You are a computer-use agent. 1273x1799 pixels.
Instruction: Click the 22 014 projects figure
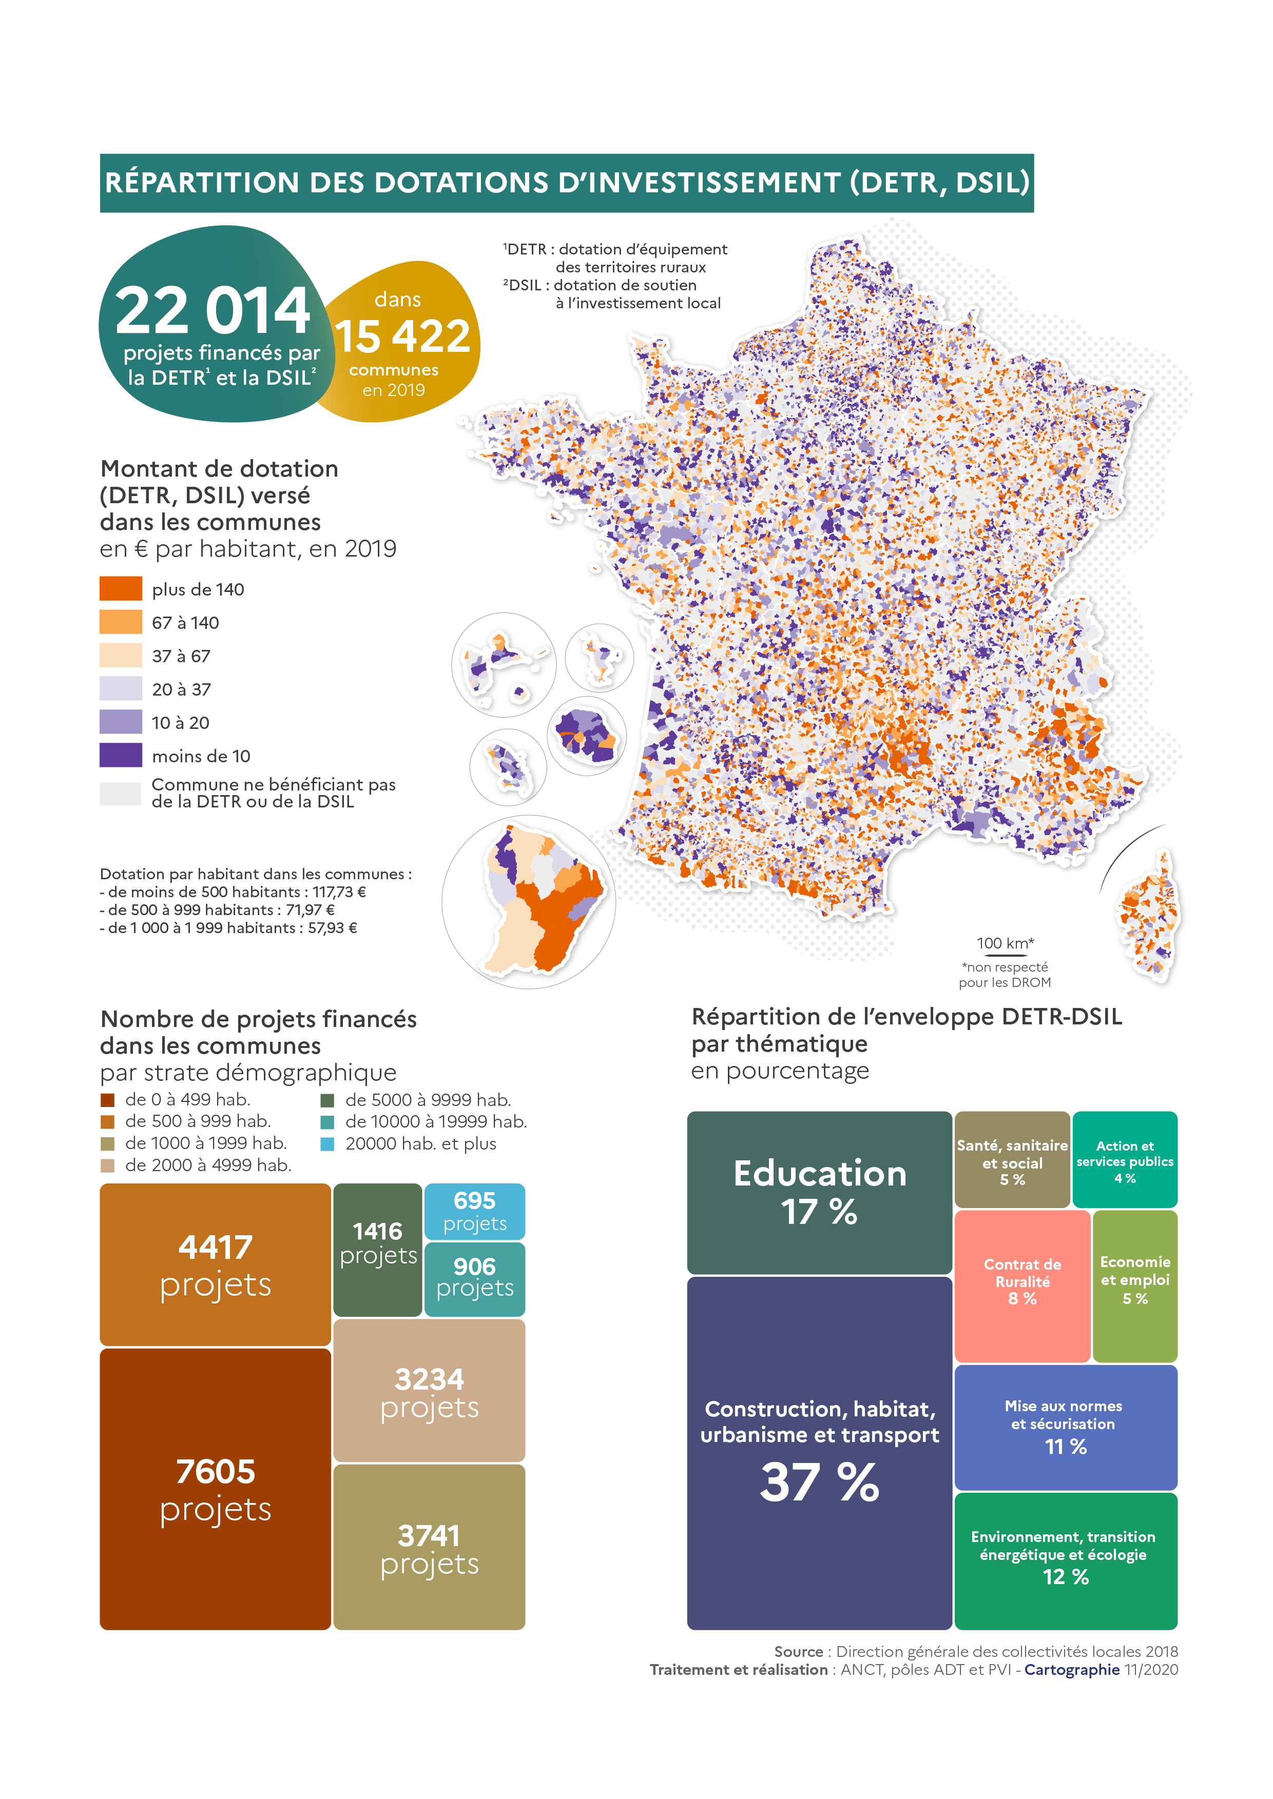click(213, 311)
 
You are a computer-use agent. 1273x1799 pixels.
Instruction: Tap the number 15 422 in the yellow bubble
click(402, 337)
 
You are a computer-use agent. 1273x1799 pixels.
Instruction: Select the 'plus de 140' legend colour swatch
click(121, 588)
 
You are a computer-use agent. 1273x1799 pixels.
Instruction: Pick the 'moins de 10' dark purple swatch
click(121, 755)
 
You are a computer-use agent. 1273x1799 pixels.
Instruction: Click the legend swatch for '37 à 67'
click(121, 655)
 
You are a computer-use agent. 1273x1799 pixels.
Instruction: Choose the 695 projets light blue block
click(474, 1211)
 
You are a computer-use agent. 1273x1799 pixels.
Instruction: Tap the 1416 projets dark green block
click(377, 1249)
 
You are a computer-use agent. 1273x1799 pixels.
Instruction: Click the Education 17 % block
click(819, 1192)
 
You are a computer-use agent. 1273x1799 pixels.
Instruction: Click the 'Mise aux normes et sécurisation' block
click(1065, 1427)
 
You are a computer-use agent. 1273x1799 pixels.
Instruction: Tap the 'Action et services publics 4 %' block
click(1124, 1160)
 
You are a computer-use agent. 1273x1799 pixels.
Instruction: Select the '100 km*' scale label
click(1005, 943)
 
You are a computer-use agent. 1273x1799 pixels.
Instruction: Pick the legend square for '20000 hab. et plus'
click(327, 1144)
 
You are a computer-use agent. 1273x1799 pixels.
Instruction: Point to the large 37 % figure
click(819, 1483)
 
